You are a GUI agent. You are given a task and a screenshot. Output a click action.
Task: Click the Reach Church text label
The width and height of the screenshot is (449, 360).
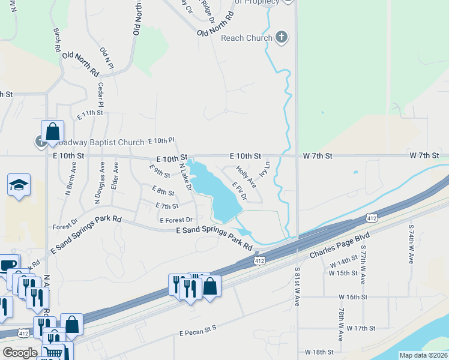click(x=247, y=38)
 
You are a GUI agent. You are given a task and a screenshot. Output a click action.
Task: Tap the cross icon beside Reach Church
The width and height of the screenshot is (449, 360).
click(x=281, y=38)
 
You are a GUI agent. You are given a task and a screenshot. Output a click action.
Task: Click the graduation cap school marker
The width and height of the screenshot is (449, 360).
click(x=19, y=184)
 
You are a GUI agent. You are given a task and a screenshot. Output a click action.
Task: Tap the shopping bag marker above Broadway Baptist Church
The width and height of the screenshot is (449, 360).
click(x=53, y=131)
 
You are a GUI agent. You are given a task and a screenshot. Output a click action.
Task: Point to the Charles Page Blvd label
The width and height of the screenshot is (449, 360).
click(x=334, y=247)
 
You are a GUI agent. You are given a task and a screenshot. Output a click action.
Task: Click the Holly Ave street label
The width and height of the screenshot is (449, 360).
click(x=246, y=177)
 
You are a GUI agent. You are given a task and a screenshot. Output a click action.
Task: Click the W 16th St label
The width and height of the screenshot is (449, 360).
click(x=352, y=297)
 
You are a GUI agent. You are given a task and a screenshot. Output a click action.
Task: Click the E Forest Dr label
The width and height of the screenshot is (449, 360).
click(x=176, y=220)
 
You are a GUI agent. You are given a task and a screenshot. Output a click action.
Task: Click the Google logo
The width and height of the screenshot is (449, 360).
click(x=20, y=353)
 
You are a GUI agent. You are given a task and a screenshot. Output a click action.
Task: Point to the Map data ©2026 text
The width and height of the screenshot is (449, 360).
click(x=423, y=355)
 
